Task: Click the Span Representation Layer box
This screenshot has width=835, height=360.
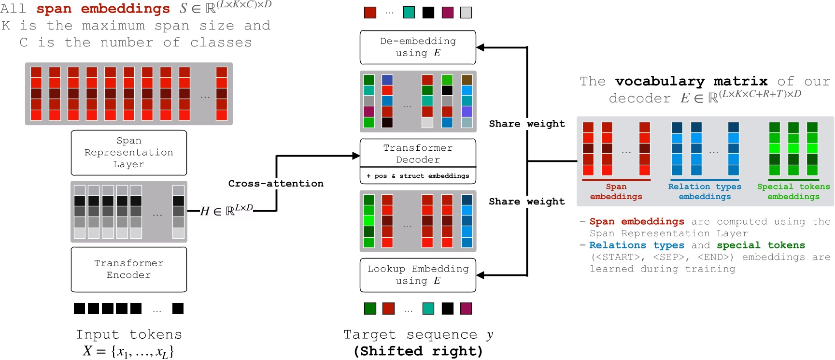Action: tap(128, 153)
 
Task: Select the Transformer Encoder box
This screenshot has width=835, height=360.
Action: tap(128, 269)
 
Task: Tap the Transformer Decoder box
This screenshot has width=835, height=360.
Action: tap(418, 154)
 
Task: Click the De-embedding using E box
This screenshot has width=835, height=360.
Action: tap(418, 47)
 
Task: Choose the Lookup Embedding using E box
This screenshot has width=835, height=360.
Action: tap(418, 275)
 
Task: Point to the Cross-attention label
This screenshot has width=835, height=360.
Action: tap(276, 184)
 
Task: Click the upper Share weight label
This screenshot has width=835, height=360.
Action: tap(526, 124)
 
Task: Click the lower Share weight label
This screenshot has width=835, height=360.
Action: tap(526, 202)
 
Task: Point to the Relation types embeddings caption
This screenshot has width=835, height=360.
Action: tap(705, 191)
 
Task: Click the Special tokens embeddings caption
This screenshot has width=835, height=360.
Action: tap(793, 191)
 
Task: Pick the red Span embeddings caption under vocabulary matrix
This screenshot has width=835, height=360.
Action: tap(616, 191)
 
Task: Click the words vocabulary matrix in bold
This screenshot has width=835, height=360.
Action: tap(691, 81)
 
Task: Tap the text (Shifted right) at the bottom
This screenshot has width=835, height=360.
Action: tap(418, 351)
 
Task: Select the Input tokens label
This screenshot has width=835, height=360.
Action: tap(128, 334)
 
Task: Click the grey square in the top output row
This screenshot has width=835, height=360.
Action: tap(466, 13)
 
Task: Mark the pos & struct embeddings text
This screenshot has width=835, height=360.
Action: tap(418, 176)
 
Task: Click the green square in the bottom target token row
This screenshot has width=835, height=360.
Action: tap(370, 308)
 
